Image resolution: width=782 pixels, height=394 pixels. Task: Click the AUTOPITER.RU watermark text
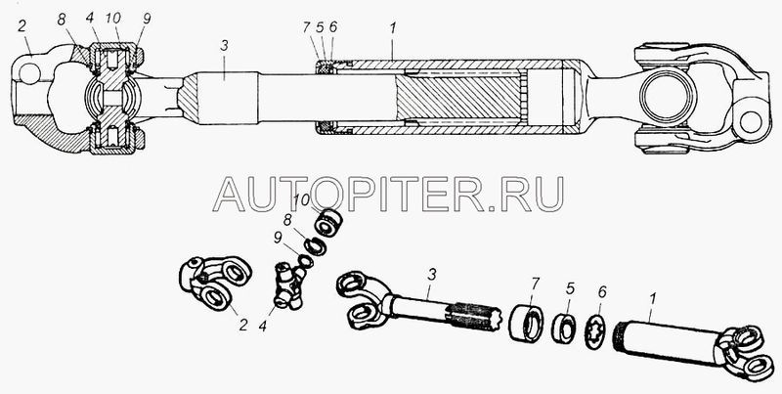389,192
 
